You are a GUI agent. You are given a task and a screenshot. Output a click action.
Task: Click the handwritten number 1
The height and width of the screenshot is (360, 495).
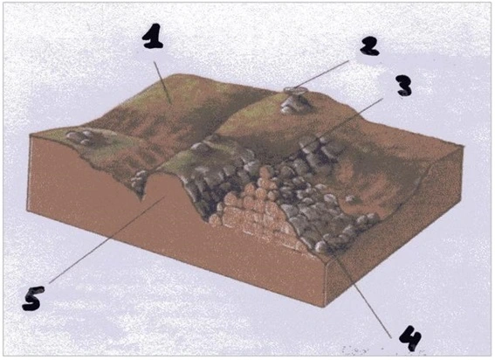pyautogui.click(x=153, y=37)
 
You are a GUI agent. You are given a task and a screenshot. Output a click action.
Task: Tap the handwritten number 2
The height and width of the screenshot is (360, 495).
pyautogui.click(x=369, y=46)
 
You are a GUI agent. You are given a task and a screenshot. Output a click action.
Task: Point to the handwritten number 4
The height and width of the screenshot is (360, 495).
pyautogui.click(x=410, y=339)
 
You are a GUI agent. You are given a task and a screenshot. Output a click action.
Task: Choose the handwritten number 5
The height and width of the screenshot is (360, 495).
pyautogui.click(x=33, y=298)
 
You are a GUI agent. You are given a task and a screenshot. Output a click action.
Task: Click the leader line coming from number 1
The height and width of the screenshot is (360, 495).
pyautogui.click(x=162, y=83)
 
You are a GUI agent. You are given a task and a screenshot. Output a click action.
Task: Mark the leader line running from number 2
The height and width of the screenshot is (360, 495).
pyautogui.click(x=321, y=74)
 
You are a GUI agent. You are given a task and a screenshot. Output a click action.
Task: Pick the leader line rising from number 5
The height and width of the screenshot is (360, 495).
pyautogui.click(x=107, y=239)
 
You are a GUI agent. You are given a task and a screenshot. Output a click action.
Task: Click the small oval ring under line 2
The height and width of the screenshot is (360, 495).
pyautogui.click(x=295, y=90)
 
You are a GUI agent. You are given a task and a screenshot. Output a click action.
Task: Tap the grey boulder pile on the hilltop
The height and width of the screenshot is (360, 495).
pyautogui.click(x=295, y=104)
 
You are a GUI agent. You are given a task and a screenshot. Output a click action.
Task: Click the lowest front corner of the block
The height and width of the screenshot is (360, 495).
pyautogui.click(x=324, y=307)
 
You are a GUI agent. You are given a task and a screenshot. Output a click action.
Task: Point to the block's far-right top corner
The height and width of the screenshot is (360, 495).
pyautogui.click(x=464, y=146)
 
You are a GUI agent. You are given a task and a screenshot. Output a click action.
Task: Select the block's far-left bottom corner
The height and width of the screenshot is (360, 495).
pyautogui.click(x=26, y=210)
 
